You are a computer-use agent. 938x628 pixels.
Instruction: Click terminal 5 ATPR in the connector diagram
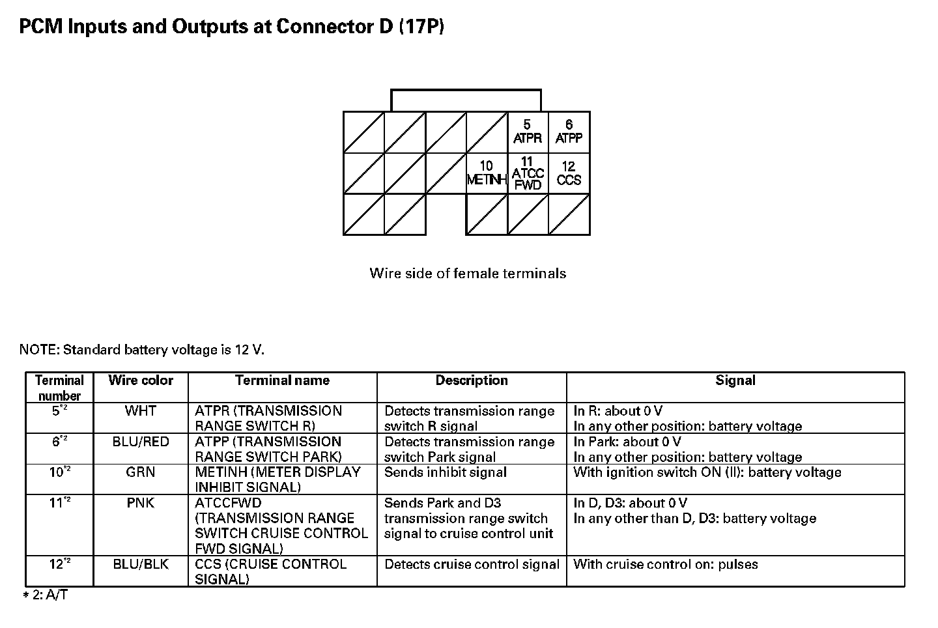pos(528,132)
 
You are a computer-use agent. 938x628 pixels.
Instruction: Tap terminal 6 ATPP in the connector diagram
pos(569,132)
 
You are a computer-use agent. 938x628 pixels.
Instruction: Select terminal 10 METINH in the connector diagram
pos(487,173)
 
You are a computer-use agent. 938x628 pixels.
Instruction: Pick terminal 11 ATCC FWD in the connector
pos(528,173)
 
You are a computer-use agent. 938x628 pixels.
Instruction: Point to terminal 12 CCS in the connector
pos(569,173)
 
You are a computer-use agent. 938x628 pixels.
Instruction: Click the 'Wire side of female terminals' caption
pos(468,274)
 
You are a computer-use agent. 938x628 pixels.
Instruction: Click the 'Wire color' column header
pos(141,380)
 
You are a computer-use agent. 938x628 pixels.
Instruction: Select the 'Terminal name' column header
pos(282,380)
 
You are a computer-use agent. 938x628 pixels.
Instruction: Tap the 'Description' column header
pos(472,380)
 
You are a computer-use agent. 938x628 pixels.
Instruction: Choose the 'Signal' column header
pos(735,380)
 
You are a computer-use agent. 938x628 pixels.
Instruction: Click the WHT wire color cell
pos(141,411)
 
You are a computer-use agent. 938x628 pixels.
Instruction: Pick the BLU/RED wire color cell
pos(141,442)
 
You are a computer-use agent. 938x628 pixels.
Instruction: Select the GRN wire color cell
pos(141,472)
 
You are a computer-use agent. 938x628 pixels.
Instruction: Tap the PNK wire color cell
pos(141,503)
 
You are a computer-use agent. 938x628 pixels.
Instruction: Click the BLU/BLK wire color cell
pos(141,564)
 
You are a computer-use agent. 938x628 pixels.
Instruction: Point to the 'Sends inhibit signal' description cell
pos(446,472)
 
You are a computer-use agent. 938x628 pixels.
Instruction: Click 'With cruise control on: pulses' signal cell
pos(666,565)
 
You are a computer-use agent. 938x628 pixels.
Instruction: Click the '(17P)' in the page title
pos(421,27)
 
